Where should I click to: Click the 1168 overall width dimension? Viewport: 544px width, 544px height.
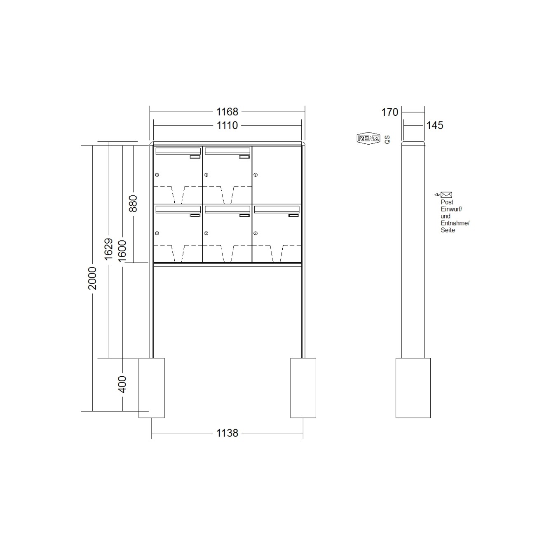[227, 112]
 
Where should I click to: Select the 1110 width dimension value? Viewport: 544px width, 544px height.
[227, 125]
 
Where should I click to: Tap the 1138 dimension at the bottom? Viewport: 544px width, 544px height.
[227, 433]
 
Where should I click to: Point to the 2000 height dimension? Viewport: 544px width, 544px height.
[92, 278]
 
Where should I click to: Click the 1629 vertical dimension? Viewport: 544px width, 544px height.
[108, 249]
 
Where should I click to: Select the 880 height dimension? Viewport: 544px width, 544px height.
[133, 204]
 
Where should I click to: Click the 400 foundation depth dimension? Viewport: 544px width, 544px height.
[122, 384]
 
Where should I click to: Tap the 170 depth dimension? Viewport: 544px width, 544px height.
[389, 112]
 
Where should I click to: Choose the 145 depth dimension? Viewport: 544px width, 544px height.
[435, 125]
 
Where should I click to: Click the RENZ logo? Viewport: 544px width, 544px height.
[368, 138]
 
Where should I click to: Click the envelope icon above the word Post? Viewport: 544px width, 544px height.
[446, 195]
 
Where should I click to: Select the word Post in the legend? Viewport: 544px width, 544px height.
[447, 202]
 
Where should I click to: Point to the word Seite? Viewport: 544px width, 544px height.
[448, 230]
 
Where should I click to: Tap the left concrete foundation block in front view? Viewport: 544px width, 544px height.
[151, 388]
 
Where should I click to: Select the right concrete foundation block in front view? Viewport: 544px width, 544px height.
[303, 388]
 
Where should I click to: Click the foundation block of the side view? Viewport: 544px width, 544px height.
[413, 388]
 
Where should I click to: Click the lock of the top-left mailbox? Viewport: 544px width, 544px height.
[157, 175]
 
